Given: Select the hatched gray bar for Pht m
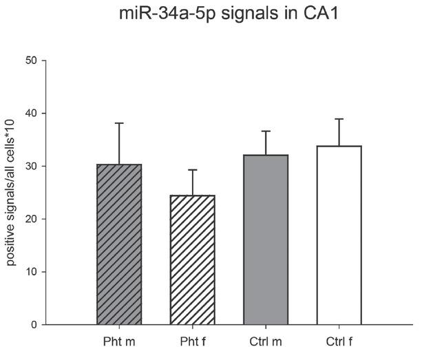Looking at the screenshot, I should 118,244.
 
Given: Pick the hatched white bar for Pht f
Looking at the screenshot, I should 192,260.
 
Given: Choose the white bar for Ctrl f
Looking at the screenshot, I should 339,235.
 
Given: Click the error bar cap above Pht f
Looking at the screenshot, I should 192,170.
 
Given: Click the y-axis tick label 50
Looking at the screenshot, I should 31,61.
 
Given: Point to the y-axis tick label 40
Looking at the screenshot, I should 31,114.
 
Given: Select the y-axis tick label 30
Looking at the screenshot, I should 31,167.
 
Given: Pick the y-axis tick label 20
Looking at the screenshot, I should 31,219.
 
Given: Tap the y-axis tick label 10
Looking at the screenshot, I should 31,272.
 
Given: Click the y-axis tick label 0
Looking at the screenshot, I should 34,325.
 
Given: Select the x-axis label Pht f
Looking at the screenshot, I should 192,340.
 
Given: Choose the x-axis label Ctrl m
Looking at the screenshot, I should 266,340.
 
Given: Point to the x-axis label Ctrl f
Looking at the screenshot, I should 339,340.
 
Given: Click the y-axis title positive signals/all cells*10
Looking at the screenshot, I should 12,193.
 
